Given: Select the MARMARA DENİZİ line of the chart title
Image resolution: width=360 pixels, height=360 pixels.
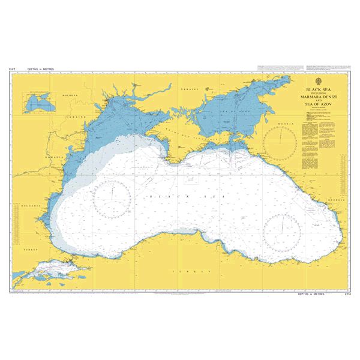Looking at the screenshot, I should (x=318, y=97).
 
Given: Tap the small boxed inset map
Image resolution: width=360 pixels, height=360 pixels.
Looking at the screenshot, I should (x=37, y=103).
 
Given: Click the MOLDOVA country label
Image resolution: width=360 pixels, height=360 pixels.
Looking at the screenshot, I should (x=71, y=95).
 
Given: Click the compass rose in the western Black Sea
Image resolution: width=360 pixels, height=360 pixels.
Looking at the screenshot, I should (x=112, y=196).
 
